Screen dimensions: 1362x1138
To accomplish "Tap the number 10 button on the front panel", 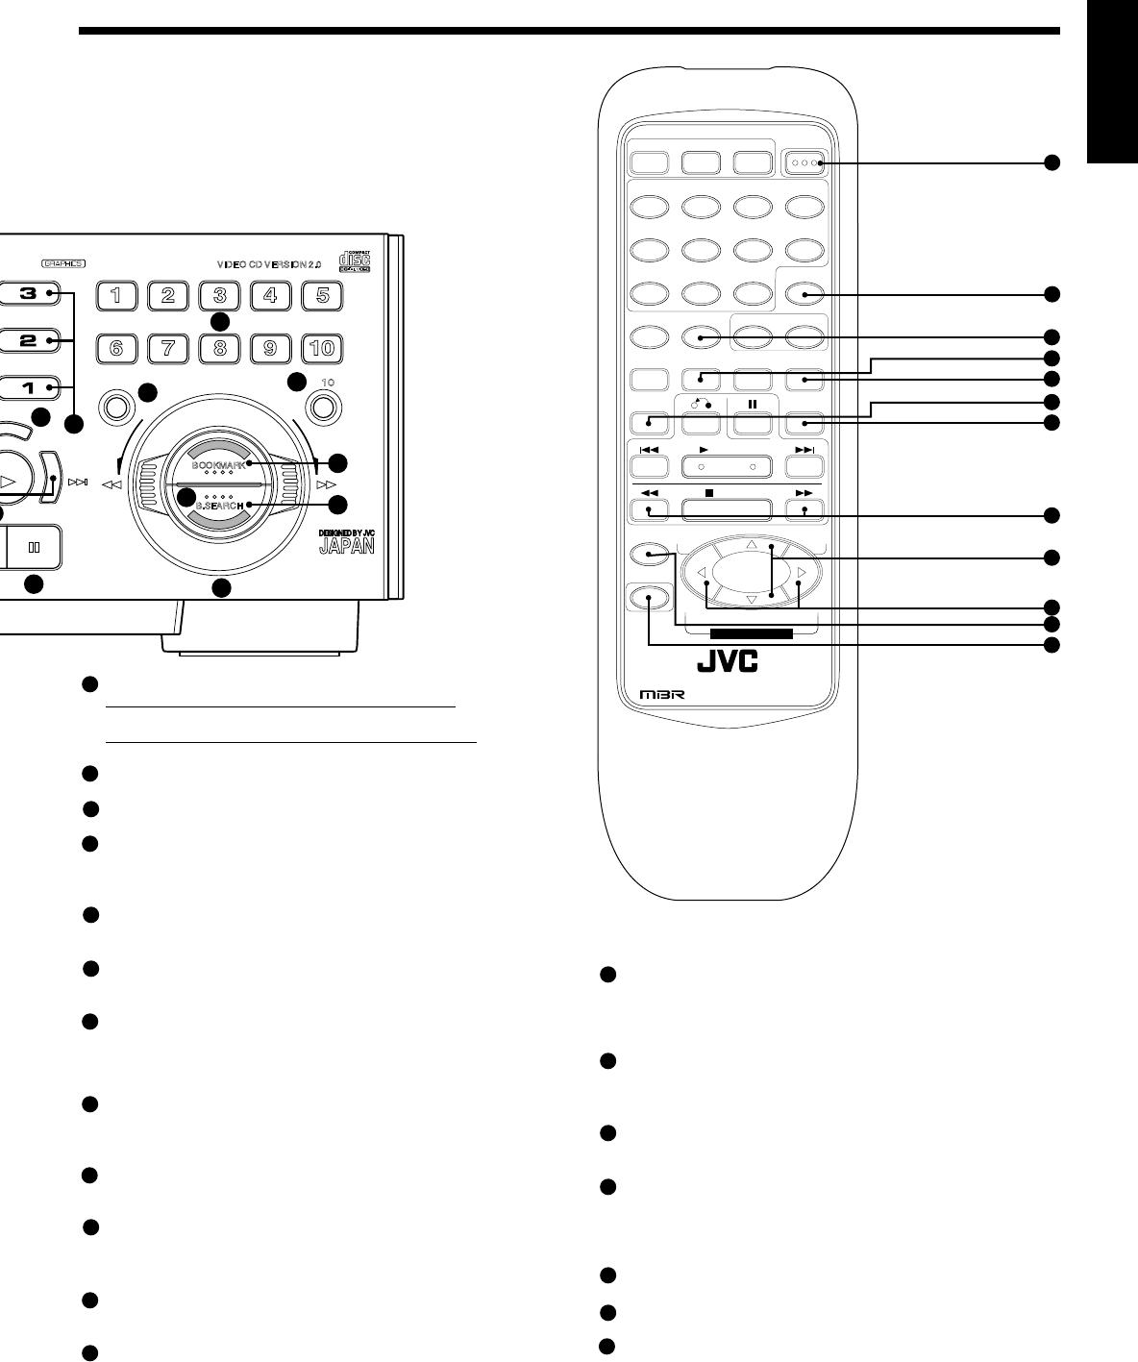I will tap(323, 348).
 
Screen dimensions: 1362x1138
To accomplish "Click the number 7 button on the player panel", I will tap(168, 348).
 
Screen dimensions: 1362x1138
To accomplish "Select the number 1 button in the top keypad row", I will tap(116, 295).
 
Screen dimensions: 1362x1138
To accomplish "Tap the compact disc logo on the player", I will tap(356, 261).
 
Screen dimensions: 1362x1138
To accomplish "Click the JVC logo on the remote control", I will tap(726, 662).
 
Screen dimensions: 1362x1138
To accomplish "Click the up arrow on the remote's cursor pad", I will tap(752, 545).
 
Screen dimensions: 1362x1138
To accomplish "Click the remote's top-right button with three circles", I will tap(804, 163).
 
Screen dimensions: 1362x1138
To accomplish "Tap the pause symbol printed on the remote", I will tap(753, 405).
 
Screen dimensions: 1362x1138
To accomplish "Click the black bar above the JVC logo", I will tap(751, 633).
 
